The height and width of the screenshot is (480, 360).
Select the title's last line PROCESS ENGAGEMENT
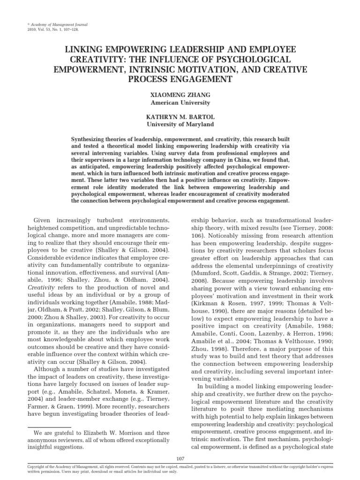pyautogui.click(x=180, y=79)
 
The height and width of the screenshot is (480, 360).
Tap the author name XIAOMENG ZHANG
pyautogui.click(x=180, y=95)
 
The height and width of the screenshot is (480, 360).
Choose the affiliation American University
pyautogui.click(x=180, y=103)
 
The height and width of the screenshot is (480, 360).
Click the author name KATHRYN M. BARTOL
pyautogui.click(x=180, y=117)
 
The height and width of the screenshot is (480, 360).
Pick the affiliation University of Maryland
pyautogui.click(x=180, y=125)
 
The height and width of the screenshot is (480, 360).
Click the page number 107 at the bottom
pyautogui.click(x=180, y=458)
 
